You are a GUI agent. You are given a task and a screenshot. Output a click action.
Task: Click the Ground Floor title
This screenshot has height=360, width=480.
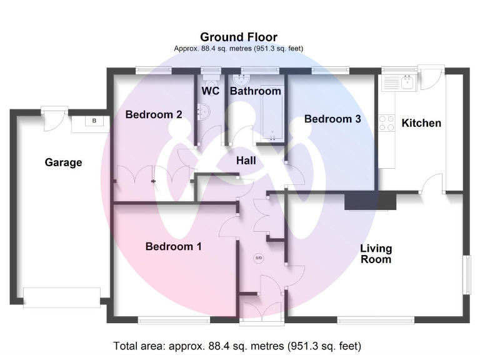tap(238, 37)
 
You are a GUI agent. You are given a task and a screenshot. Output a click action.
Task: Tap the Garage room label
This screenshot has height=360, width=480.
tap(63, 162)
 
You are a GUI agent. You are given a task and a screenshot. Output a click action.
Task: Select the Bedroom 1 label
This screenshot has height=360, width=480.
tap(173, 246)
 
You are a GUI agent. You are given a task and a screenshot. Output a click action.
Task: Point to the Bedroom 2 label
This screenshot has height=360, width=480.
tap(154, 115)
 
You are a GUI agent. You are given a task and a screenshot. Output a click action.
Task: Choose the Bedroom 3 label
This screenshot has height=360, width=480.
tap(332, 119)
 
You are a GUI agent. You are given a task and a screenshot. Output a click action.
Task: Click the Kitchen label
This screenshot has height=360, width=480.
tap(421, 123)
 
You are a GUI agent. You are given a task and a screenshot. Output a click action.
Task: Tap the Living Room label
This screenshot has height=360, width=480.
tap(376, 253)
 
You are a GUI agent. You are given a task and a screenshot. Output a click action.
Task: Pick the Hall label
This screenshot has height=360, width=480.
tap(246, 161)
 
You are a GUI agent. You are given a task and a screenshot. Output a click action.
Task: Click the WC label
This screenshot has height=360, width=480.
tap(210, 91)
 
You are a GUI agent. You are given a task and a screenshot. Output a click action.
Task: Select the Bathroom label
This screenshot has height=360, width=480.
tap(256, 91)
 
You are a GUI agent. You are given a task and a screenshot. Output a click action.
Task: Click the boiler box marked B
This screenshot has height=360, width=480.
tap(94, 121)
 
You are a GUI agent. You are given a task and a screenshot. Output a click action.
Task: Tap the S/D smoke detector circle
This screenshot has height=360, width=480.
tap(259, 258)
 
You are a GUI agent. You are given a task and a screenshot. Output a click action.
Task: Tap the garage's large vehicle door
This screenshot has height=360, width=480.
tap(61, 297)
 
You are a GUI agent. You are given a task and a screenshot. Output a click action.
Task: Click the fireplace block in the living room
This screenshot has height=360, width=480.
tap(371, 201)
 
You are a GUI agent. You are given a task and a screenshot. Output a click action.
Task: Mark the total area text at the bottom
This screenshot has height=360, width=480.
tap(237, 346)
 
